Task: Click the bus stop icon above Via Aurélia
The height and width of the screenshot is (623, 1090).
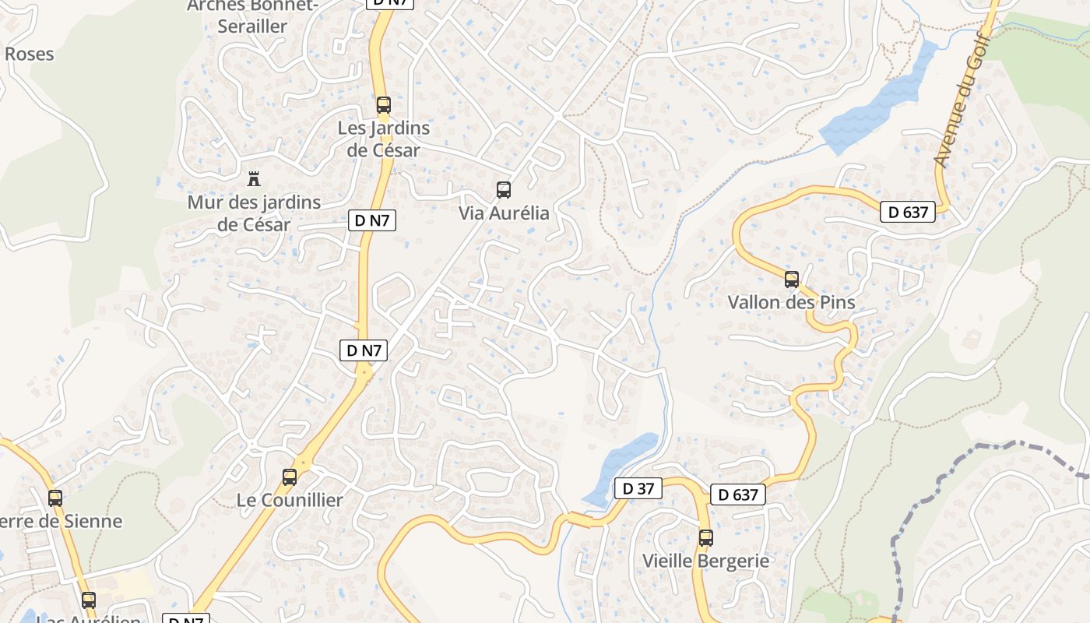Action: click(x=504, y=189)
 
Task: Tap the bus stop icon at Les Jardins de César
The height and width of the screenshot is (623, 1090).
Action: click(x=383, y=105)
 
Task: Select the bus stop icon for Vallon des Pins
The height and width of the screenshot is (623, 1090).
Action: click(x=792, y=280)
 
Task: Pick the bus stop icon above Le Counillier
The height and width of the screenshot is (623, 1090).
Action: click(x=290, y=477)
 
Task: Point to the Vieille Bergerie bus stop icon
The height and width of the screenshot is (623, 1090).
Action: click(x=705, y=537)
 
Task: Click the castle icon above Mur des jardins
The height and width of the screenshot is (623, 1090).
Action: click(x=253, y=179)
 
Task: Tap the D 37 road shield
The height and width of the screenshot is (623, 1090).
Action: click(x=638, y=488)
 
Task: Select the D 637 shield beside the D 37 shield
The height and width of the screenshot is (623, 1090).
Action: click(x=737, y=494)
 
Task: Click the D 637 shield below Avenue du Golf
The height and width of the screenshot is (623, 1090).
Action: click(x=907, y=211)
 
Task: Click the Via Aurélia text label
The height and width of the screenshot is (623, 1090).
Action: click(x=504, y=213)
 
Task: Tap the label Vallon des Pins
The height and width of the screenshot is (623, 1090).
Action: click(x=791, y=302)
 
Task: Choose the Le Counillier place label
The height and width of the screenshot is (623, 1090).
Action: click(x=290, y=500)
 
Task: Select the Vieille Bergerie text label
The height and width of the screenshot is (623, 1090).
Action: click(x=705, y=561)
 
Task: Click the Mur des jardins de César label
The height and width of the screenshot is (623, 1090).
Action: click(x=254, y=213)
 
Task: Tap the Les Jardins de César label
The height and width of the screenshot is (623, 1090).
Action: click(x=383, y=139)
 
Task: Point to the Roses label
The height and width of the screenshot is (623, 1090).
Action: click(x=30, y=54)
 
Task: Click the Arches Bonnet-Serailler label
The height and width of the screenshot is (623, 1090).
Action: click(x=253, y=16)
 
